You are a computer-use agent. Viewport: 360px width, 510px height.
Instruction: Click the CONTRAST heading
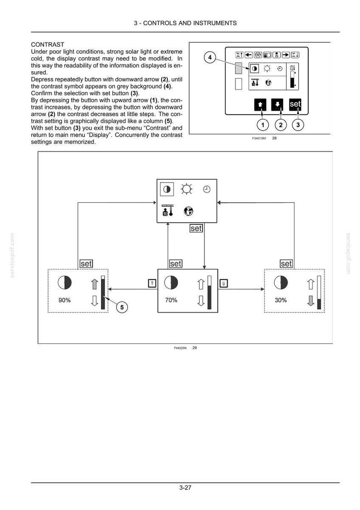click(48, 44)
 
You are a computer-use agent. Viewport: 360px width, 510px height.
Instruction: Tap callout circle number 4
click(210, 57)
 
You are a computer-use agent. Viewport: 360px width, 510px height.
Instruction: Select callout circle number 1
click(263, 125)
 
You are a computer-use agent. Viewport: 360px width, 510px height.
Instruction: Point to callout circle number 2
click(281, 125)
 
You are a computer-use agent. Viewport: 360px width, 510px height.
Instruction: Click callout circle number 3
click(298, 125)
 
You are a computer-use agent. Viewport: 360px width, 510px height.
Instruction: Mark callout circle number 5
click(122, 307)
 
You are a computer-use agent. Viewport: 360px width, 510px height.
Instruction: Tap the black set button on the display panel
click(295, 104)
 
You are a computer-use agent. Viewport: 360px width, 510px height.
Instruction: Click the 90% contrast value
click(64, 300)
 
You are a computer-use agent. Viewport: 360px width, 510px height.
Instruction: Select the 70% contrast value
click(171, 300)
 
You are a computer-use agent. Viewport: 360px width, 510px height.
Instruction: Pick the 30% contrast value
click(281, 300)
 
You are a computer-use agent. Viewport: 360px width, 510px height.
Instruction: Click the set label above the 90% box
click(86, 264)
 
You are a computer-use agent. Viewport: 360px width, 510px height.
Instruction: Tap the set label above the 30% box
click(286, 264)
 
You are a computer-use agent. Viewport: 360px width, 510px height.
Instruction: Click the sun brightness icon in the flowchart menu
click(186, 189)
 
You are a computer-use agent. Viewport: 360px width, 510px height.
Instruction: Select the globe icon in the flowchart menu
click(188, 211)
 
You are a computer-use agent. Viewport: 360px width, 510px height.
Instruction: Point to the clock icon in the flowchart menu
click(207, 189)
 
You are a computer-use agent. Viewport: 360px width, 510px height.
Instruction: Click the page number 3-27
click(185, 488)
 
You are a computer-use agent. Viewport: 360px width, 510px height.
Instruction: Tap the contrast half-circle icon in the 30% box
click(281, 282)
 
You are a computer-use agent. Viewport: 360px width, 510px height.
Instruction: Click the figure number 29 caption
click(195, 348)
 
